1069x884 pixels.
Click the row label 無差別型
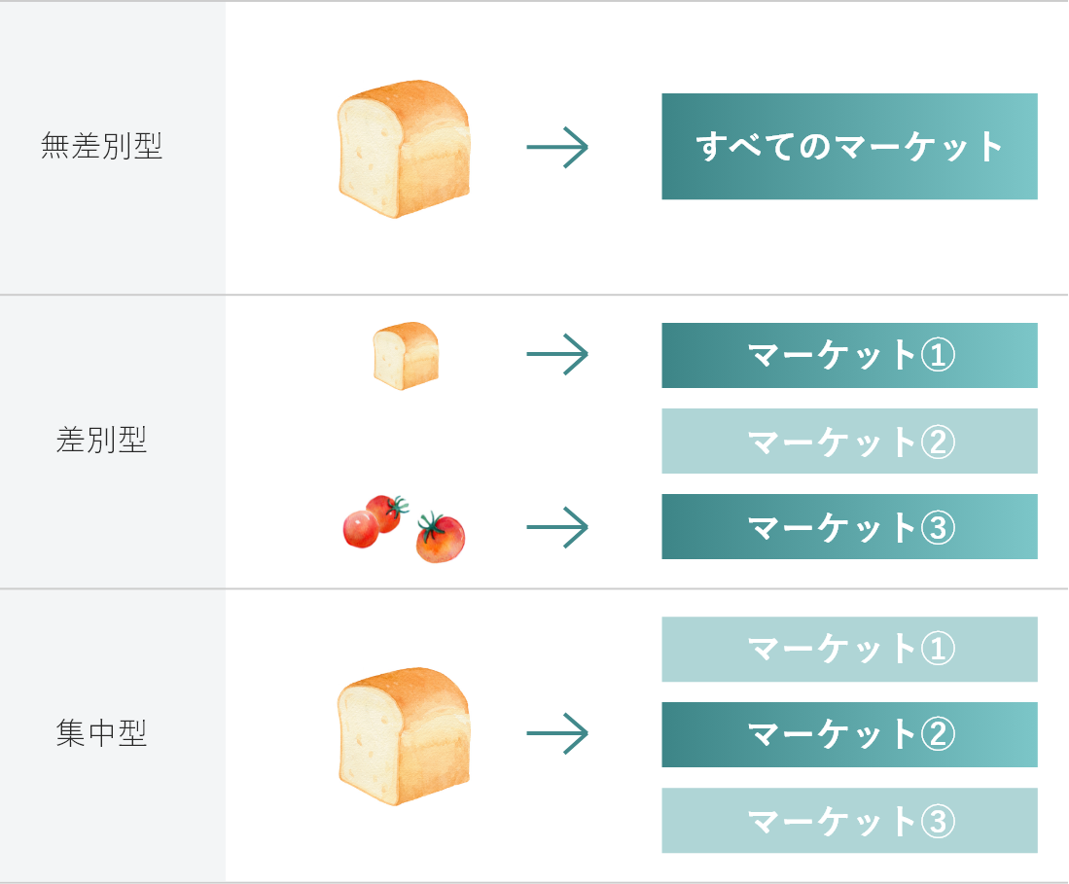101,147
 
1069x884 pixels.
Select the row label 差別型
101,441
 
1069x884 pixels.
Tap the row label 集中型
101,734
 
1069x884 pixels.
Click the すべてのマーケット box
849,147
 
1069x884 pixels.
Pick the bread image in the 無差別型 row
404,147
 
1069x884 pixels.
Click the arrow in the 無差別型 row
557,148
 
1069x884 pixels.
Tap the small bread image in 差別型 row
406,355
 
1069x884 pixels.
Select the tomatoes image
405,527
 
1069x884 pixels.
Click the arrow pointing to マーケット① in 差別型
557,354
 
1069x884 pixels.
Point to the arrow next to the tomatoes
557,527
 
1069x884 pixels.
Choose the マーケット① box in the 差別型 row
849,355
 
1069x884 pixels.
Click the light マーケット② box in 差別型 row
849,441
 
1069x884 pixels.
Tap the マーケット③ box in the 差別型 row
849,526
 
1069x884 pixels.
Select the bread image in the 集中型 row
404,734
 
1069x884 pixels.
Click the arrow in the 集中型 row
557,733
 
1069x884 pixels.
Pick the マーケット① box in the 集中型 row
849,649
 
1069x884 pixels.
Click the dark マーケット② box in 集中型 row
849,734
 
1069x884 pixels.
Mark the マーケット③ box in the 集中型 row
849,820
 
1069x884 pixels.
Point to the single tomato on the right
441,538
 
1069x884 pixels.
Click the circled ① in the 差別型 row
938,355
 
